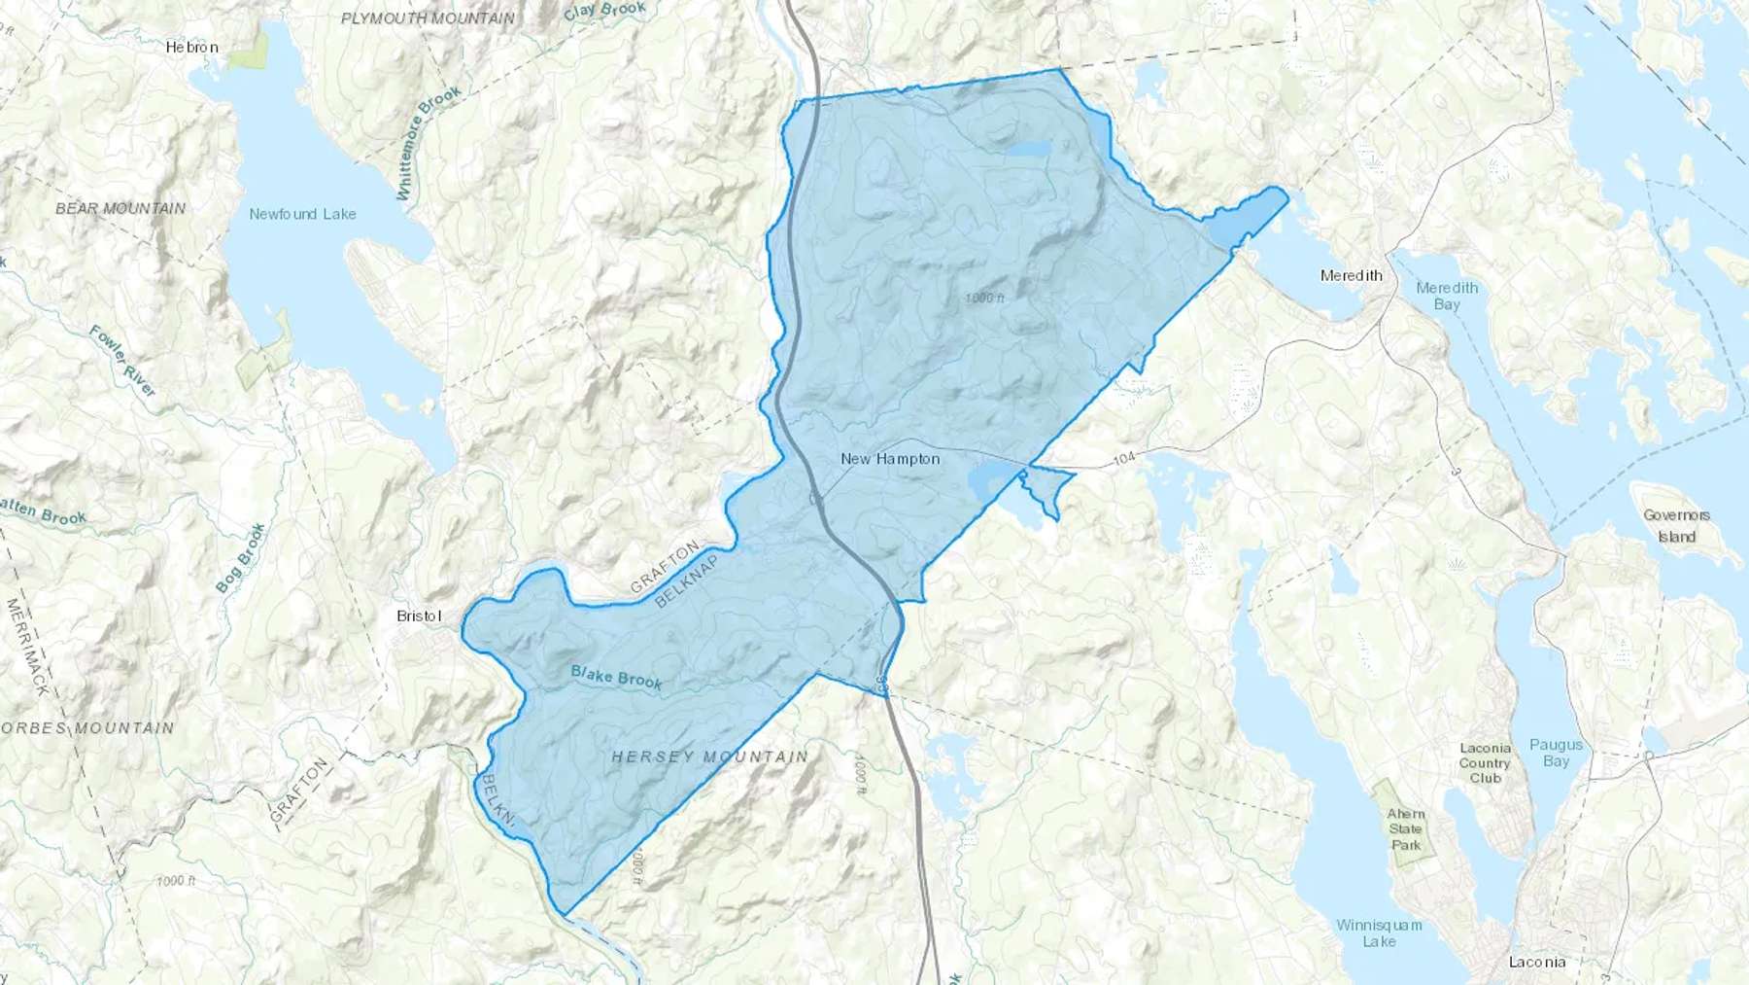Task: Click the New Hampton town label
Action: point(890,459)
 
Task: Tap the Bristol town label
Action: point(419,616)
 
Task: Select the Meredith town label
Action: point(1351,276)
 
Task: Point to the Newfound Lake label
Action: point(302,214)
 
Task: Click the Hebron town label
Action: point(191,47)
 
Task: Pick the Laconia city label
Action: point(1536,962)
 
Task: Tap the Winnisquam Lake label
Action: point(1379,932)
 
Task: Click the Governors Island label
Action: point(1676,526)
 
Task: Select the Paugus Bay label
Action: point(1556,753)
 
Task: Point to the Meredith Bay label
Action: point(1447,296)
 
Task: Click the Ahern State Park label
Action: point(1405,829)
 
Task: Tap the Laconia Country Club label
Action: point(1485,763)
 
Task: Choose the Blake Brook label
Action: point(616,677)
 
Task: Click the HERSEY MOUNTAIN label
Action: point(709,756)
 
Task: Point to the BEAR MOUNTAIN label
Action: point(120,208)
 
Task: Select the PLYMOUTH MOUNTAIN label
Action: point(428,18)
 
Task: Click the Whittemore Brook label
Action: point(428,143)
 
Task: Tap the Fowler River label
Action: point(122,361)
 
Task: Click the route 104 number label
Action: point(1124,458)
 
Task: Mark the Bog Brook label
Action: point(240,558)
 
